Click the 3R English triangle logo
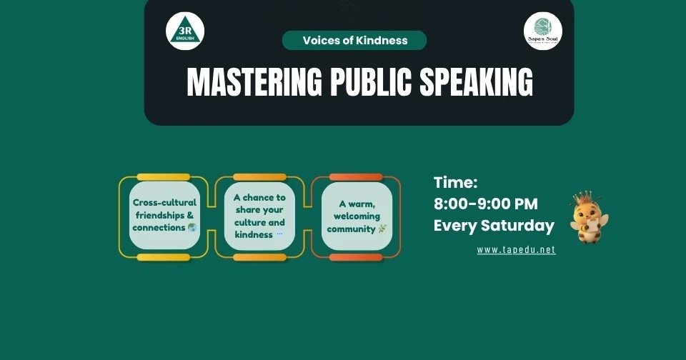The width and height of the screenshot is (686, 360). [x=185, y=31]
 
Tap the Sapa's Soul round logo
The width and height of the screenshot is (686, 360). [x=542, y=31]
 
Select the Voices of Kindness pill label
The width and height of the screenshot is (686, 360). [x=354, y=41]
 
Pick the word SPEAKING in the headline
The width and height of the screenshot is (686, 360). [x=476, y=83]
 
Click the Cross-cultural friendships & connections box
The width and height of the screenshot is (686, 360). [x=164, y=215]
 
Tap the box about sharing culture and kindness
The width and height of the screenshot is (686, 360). [x=259, y=215]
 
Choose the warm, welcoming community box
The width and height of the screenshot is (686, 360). [x=357, y=216]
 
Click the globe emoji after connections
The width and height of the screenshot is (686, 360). [x=192, y=228]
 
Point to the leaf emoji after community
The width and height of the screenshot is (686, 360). [x=382, y=229]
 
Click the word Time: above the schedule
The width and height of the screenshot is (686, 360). [x=455, y=183]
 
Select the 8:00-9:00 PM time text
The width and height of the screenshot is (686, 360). [x=486, y=204]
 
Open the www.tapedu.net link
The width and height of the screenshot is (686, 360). [x=516, y=250]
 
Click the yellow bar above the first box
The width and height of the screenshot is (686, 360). [x=164, y=177]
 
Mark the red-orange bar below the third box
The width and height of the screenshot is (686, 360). [x=356, y=257]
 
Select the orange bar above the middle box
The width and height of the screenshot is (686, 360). [x=259, y=177]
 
